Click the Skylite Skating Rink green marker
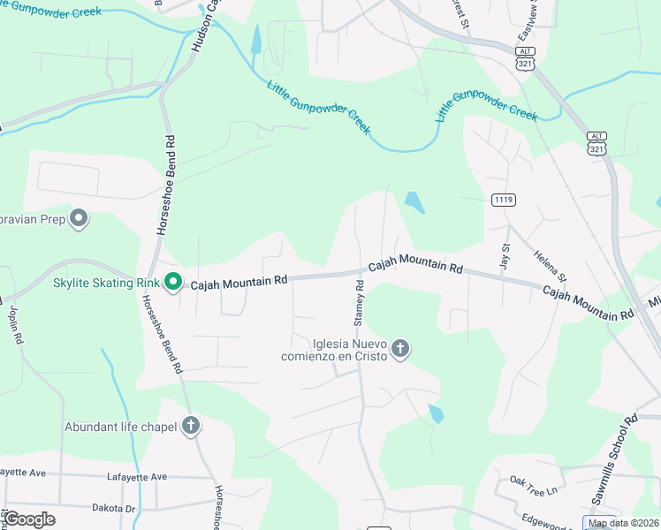pos(173,283)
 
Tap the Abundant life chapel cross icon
pos(190,426)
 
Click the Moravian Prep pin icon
pos(79,217)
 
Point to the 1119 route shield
pos(503,201)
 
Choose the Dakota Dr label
pos(112,509)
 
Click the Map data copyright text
pos(623,523)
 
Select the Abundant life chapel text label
pos(120,427)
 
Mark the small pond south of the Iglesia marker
pos(435,413)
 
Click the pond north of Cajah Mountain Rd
pos(414,203)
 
